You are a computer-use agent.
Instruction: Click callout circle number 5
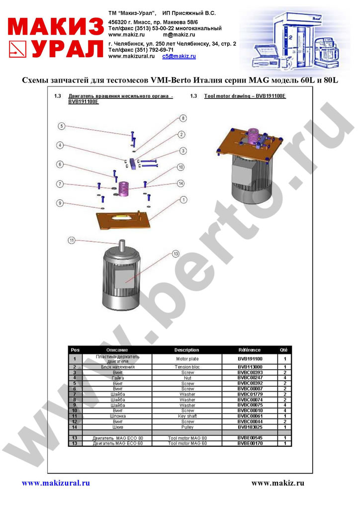pos(62,126)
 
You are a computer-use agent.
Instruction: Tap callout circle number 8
pos(183,118)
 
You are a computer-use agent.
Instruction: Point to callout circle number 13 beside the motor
pos(175,254)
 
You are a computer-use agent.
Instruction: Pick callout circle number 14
pos(181,183)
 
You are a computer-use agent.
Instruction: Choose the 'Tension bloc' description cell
pos(187,367)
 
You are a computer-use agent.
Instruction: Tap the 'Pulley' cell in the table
pos(187,427)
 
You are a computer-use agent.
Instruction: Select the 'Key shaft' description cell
pos(187,416)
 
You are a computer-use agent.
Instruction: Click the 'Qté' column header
pos(284,350)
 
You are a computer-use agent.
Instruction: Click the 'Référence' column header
pos(250,350)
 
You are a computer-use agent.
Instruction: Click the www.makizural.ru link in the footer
pos(56,483)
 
